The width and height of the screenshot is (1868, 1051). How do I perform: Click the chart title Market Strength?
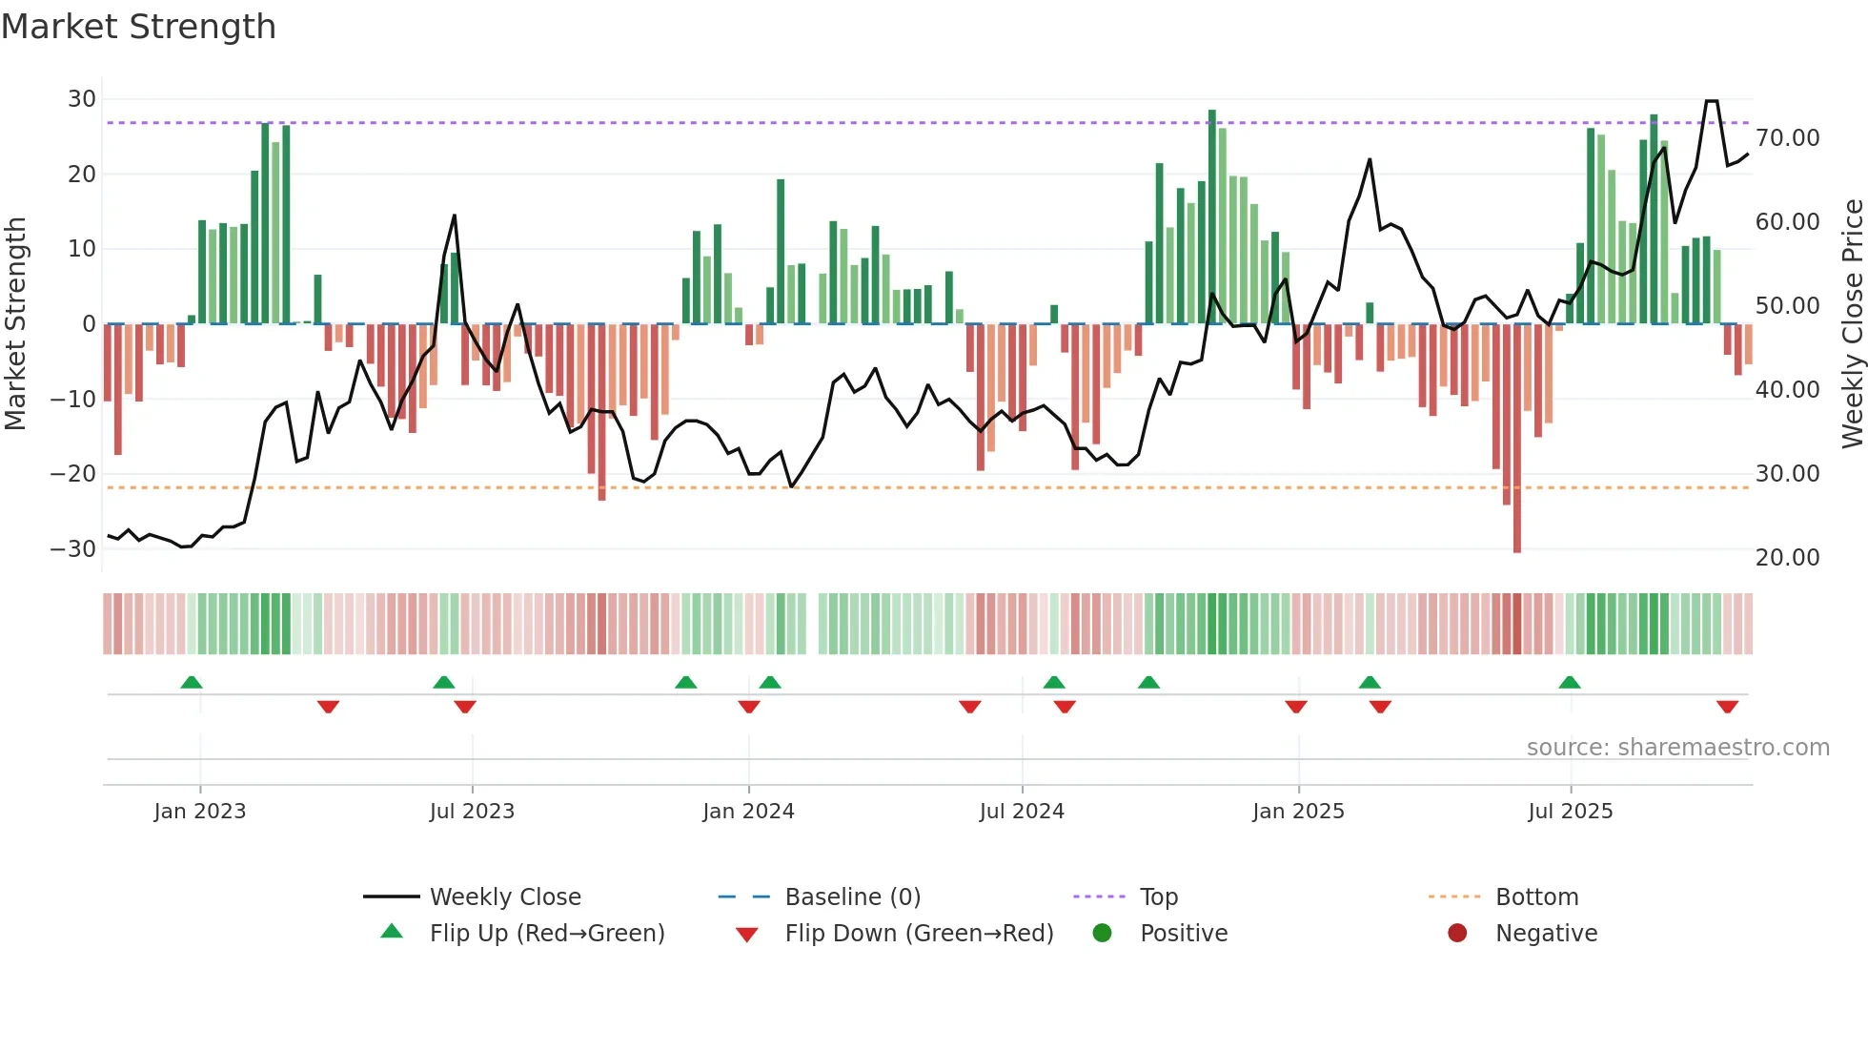coord(138,27)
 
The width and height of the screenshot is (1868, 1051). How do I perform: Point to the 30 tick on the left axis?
coord(82,99)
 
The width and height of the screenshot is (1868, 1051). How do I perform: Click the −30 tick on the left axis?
coord(73,549)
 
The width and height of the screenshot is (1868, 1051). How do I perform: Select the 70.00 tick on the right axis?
coord(1788,138)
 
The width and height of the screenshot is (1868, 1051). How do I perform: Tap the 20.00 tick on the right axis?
coord(1788,558)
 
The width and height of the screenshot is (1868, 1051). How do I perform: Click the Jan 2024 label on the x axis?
coord(748,812)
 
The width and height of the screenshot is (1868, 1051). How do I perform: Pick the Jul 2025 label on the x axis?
coord(1570,812)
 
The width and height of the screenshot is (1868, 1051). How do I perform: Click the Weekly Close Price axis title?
coord(1852,324)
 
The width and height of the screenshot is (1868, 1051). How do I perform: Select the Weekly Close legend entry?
coord(505,897)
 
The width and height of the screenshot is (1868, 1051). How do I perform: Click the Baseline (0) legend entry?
coord(852,897)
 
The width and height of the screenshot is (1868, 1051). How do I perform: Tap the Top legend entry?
coord(1159,897)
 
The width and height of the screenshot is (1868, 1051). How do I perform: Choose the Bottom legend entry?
coord(1536,897)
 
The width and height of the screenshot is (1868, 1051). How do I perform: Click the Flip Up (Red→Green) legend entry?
coord(547,934)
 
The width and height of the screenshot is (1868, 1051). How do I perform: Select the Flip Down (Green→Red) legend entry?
coord(919,934)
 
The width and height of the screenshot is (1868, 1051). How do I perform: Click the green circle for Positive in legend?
coord(1103,934)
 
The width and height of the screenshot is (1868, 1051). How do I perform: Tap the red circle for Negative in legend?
coord(1457,934)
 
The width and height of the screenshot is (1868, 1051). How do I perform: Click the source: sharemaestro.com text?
coord(1677,748)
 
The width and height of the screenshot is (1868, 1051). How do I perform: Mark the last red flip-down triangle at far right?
coord(1727,707)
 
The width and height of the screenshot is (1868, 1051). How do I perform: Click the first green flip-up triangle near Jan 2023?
coord(192,683)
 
